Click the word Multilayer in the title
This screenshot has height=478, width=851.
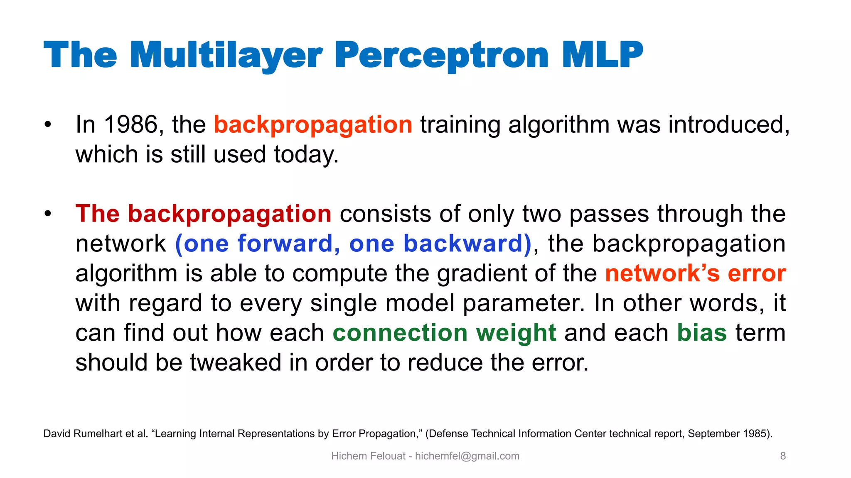tap(226, 55)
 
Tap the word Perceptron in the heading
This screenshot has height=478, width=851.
tap(441, 55)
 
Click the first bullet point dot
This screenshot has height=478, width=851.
tap(48, 124)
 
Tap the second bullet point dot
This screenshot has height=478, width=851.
tap(48, 214)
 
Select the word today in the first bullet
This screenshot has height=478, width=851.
tap(306, 155)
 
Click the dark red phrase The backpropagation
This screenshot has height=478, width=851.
tap(203, 214)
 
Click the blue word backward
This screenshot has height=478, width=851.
tap(462, 244)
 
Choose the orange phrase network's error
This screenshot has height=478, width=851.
tap(695, 273)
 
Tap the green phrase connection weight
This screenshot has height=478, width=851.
tap(444, 333)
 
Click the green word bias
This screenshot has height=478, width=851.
tap(702, 333)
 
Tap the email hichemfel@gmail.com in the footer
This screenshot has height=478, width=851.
tap(467, 456)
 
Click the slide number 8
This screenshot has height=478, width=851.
tap(783, 456)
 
